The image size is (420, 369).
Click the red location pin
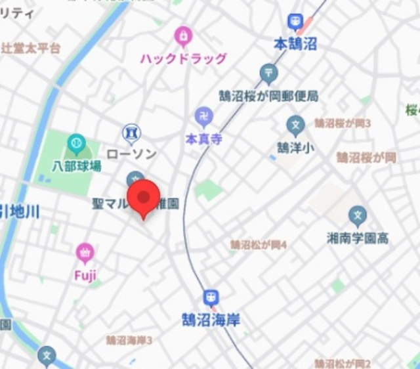click(x=143, y=199)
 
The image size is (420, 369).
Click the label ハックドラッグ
click(x=183, y=58)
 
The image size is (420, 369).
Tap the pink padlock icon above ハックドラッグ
click(x=183, y=35)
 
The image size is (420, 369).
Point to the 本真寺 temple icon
click(x=203, y=118)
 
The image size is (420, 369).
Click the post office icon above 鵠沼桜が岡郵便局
click(x=268, y=73)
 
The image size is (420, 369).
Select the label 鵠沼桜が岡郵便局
click(x=268, y=96)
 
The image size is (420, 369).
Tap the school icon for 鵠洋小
click(x=295, y=124)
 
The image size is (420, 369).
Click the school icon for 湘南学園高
click(x=358, y=215)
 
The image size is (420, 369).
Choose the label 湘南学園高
click(x=358, y=238)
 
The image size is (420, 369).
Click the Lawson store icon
click(x=132, y=133)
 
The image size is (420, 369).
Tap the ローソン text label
click(x=131, y=154)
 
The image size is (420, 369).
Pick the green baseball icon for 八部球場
click(x=76, y=142)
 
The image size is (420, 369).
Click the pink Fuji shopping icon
click(x=85, y=251)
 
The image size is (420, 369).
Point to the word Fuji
click(x=85, y=274)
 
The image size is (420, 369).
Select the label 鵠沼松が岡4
click(x=258, y=245)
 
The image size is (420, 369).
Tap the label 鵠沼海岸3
click(x=129, y=340)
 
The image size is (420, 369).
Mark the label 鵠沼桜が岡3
click(x=342, y=123)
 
